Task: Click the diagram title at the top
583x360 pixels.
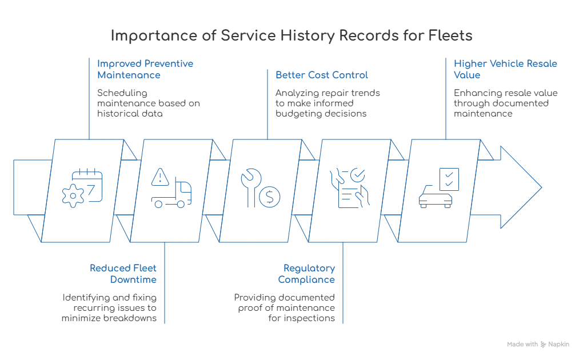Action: tap(291, 35)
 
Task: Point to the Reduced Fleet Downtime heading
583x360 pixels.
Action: tap(123, 274)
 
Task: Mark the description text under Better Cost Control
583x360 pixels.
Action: tap(329, 102)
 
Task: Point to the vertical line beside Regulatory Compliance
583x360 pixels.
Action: tap(341, 283)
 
